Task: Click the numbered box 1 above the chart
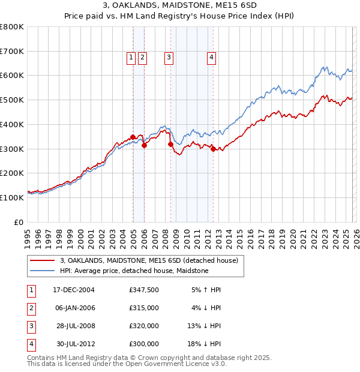click(131, 58)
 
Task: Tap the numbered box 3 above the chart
click(169, 58)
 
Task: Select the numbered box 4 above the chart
click(212, 58)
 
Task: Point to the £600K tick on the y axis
click(12, 76)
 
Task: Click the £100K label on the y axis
click(12, 197)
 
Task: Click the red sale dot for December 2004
click(133, 137)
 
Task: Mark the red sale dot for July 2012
click(213, 149)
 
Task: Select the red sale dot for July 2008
click(170, 144)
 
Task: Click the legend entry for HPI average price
click(134, 271)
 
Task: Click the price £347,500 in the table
click(144, 290)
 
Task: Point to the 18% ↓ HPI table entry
click(206, 344)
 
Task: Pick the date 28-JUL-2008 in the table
click(76, 326)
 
